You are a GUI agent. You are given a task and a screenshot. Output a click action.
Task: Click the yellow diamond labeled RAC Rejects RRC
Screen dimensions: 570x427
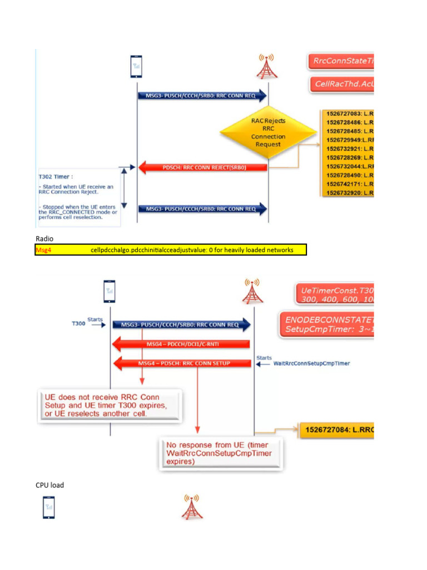tap(268, 132)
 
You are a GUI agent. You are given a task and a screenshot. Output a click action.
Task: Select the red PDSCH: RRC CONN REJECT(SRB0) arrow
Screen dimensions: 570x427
tap(203, 166)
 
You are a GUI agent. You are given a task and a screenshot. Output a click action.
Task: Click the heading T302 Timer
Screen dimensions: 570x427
tap(56, 176)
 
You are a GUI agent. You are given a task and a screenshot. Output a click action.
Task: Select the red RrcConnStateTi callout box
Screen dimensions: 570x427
tap(340, 61)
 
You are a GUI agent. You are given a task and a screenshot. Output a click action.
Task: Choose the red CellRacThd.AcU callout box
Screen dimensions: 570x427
tap(340, 85)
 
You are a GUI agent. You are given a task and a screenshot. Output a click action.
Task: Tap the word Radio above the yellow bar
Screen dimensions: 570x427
tap(44, 238)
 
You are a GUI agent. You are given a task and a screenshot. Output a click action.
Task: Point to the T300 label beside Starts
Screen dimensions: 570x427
tap(78, 323)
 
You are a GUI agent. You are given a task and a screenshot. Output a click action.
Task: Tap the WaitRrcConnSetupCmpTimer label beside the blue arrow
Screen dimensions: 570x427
tap(312, 363)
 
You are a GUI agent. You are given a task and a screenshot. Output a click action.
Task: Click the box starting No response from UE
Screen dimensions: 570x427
tap(220, 453)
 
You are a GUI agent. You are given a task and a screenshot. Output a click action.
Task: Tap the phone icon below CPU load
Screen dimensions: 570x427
tap(49, 508)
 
